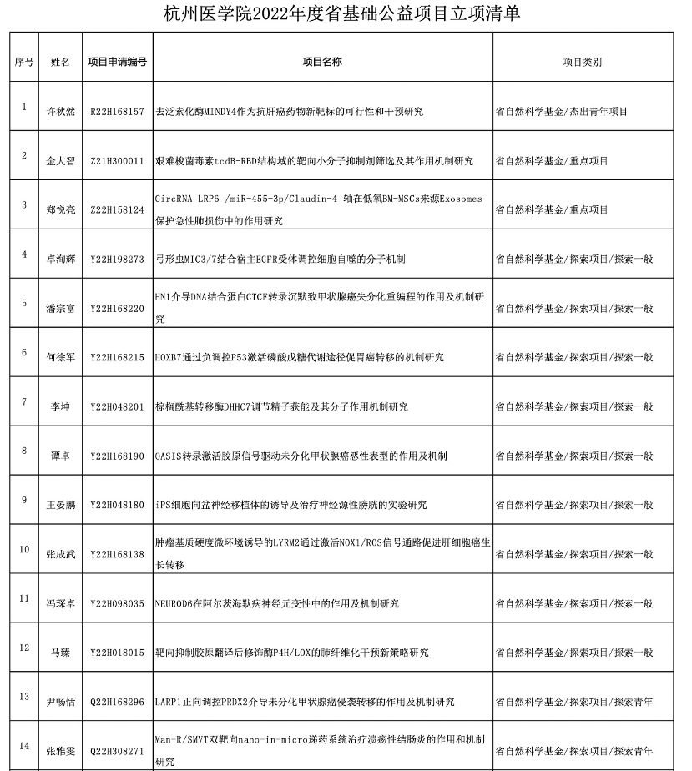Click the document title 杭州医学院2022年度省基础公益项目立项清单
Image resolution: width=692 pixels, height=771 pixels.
(346, 13)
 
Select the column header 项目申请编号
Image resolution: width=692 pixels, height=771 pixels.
(117, 62)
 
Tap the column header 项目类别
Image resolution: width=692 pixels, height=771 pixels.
(582, 62)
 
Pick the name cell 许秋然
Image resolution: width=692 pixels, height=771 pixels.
(60, 111)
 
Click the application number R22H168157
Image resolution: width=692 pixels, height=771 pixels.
(117, 111)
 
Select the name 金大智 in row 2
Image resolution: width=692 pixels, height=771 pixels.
(60, 160)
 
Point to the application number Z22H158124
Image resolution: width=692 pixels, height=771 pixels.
(117, 209)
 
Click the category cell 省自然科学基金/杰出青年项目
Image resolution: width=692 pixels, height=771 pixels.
(561, 111)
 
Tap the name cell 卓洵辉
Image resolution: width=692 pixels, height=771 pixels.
(60, 259)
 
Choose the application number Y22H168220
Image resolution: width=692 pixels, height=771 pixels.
(117, 308)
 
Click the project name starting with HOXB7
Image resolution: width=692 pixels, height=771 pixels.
(311, 357)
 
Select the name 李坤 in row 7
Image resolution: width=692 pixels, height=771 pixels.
(60, 406)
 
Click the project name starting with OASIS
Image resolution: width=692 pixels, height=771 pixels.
(301, 456)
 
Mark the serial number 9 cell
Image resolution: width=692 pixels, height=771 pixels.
(24, 501)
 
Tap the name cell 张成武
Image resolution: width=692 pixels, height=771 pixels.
(60, 554)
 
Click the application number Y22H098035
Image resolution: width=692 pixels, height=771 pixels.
(117, 603)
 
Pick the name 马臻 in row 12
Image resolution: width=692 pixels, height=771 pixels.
(60, 653)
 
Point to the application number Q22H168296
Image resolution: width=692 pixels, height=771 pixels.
(117, 702)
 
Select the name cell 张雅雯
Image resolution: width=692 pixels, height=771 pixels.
(60, 751)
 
